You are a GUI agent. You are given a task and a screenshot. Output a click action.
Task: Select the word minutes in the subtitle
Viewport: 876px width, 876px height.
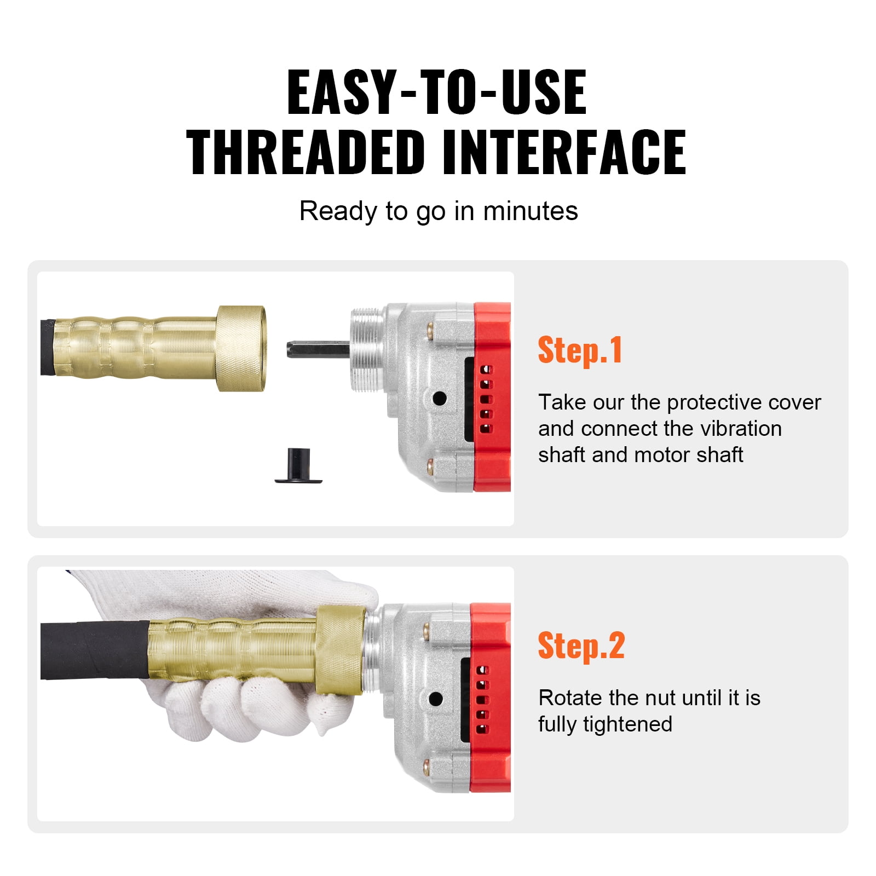pos(530,211)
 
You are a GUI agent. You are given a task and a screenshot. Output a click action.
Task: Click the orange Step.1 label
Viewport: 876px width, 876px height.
pos(580,350)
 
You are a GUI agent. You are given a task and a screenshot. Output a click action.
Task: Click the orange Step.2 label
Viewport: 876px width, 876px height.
pos(581,646)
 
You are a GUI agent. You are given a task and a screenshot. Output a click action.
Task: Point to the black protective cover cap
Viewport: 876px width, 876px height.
pos(298,466)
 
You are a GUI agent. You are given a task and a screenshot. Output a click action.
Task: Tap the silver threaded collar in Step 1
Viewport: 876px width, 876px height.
pos(365,349)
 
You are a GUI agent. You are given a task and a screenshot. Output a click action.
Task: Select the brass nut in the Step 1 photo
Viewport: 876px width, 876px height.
pos(241,348)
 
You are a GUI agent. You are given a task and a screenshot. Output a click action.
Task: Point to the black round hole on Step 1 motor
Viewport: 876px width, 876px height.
pos(439,399)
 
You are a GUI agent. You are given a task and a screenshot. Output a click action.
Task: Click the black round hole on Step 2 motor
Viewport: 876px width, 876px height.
pos(436,699)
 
